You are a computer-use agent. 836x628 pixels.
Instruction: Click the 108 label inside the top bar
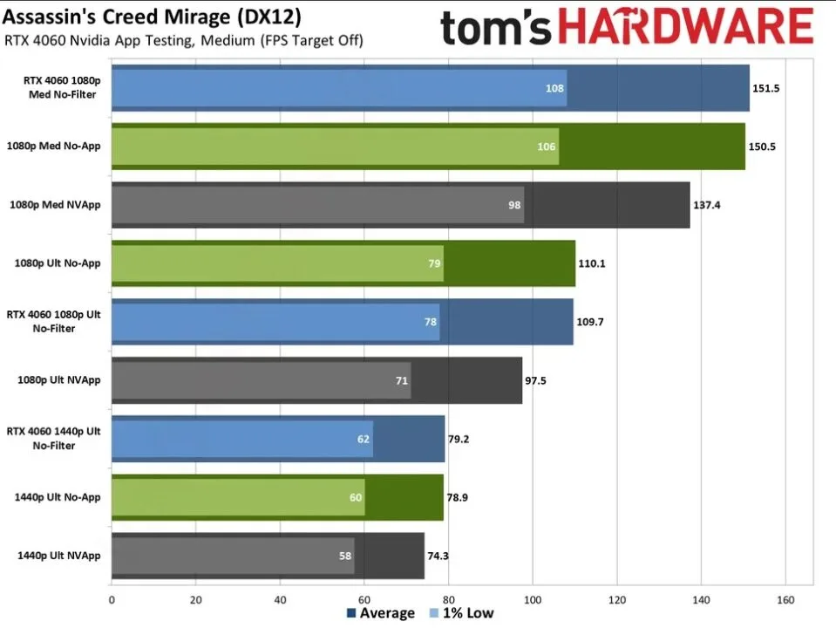click(554, 88)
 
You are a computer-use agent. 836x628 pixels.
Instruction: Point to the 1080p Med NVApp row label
click(55, 205)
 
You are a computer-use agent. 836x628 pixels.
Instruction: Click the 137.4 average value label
click(707, 205)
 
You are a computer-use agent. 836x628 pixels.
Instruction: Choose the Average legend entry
click(380, 613)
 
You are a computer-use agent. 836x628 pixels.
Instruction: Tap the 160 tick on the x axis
click(785, 599)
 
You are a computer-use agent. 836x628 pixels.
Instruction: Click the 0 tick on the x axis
click(112, 599)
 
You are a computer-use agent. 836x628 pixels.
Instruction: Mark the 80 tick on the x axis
click(448, 599)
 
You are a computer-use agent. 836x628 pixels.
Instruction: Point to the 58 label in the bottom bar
click(344, 556)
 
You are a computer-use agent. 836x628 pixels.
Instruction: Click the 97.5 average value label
click(536, 380)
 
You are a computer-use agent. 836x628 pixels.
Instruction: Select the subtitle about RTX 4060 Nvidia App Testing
click(183, 40)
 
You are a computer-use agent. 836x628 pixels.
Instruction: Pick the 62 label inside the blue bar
click(363, 439)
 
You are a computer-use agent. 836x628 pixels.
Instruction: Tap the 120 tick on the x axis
click(616, 599)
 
